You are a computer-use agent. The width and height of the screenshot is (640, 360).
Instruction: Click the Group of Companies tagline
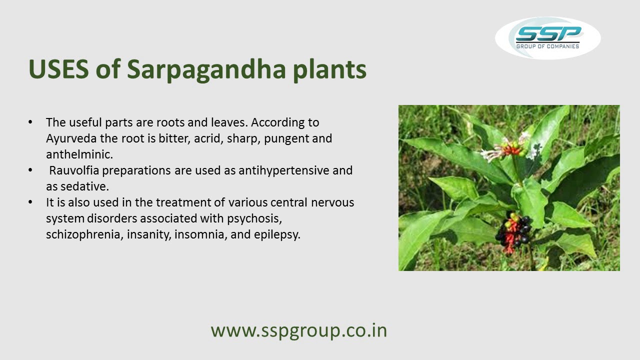point(548,46)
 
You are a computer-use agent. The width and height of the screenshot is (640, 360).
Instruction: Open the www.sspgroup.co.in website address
point(298,330)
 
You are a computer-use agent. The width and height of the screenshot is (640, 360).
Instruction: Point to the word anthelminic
point(79,154)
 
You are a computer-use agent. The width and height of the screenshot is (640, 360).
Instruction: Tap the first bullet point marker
point(31,122)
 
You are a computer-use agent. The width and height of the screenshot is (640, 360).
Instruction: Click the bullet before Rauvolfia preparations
point(31,170)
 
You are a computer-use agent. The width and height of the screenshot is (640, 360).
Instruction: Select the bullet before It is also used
point(31,202)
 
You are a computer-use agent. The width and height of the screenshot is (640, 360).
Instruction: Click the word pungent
point(286,138)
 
